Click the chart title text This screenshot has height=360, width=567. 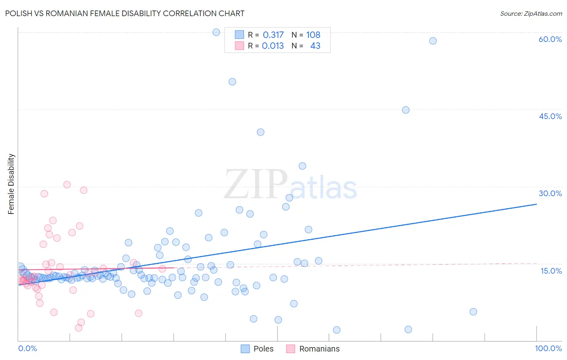(x=125, y=13)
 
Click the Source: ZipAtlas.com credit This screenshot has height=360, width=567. (x=531, y=13)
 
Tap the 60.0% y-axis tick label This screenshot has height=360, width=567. (x=550, y=39)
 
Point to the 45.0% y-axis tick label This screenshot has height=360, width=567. (x=550, y=116)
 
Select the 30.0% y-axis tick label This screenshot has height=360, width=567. (x=550, y=193)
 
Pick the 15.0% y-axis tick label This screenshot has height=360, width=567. (x=551, y=271)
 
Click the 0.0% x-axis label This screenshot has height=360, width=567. (x=27, y=348)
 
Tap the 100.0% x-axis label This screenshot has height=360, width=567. (x=548, y=348)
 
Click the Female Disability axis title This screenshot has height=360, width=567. (x=11, y=184)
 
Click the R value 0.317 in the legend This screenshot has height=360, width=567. (x=273, y=35)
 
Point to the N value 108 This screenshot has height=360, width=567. (x=313, y=35)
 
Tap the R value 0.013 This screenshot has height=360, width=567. (x=273, y=46)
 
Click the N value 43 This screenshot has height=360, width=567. (x=315, y=46)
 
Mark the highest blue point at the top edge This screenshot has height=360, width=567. (x=216, y=32)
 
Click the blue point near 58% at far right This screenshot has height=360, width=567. (x=433, y=41)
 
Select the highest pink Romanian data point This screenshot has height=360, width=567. (x=67, y=185)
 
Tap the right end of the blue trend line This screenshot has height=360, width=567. (x=536, y=204)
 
